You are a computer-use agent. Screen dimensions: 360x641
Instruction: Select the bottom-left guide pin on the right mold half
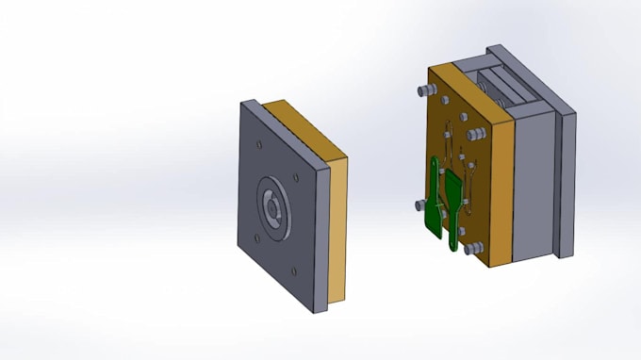coord(418,204)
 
